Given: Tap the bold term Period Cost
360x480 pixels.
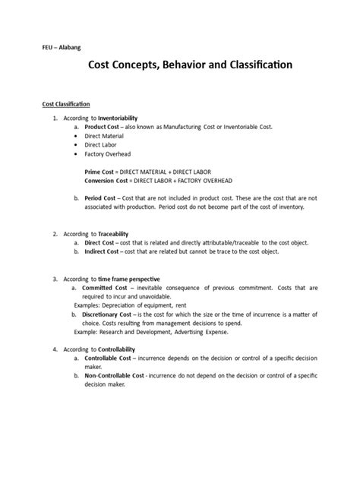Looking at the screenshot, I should click(104, 198).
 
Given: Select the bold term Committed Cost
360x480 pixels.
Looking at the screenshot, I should click(109, 289).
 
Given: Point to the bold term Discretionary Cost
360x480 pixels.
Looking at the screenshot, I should click(112, 314).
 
